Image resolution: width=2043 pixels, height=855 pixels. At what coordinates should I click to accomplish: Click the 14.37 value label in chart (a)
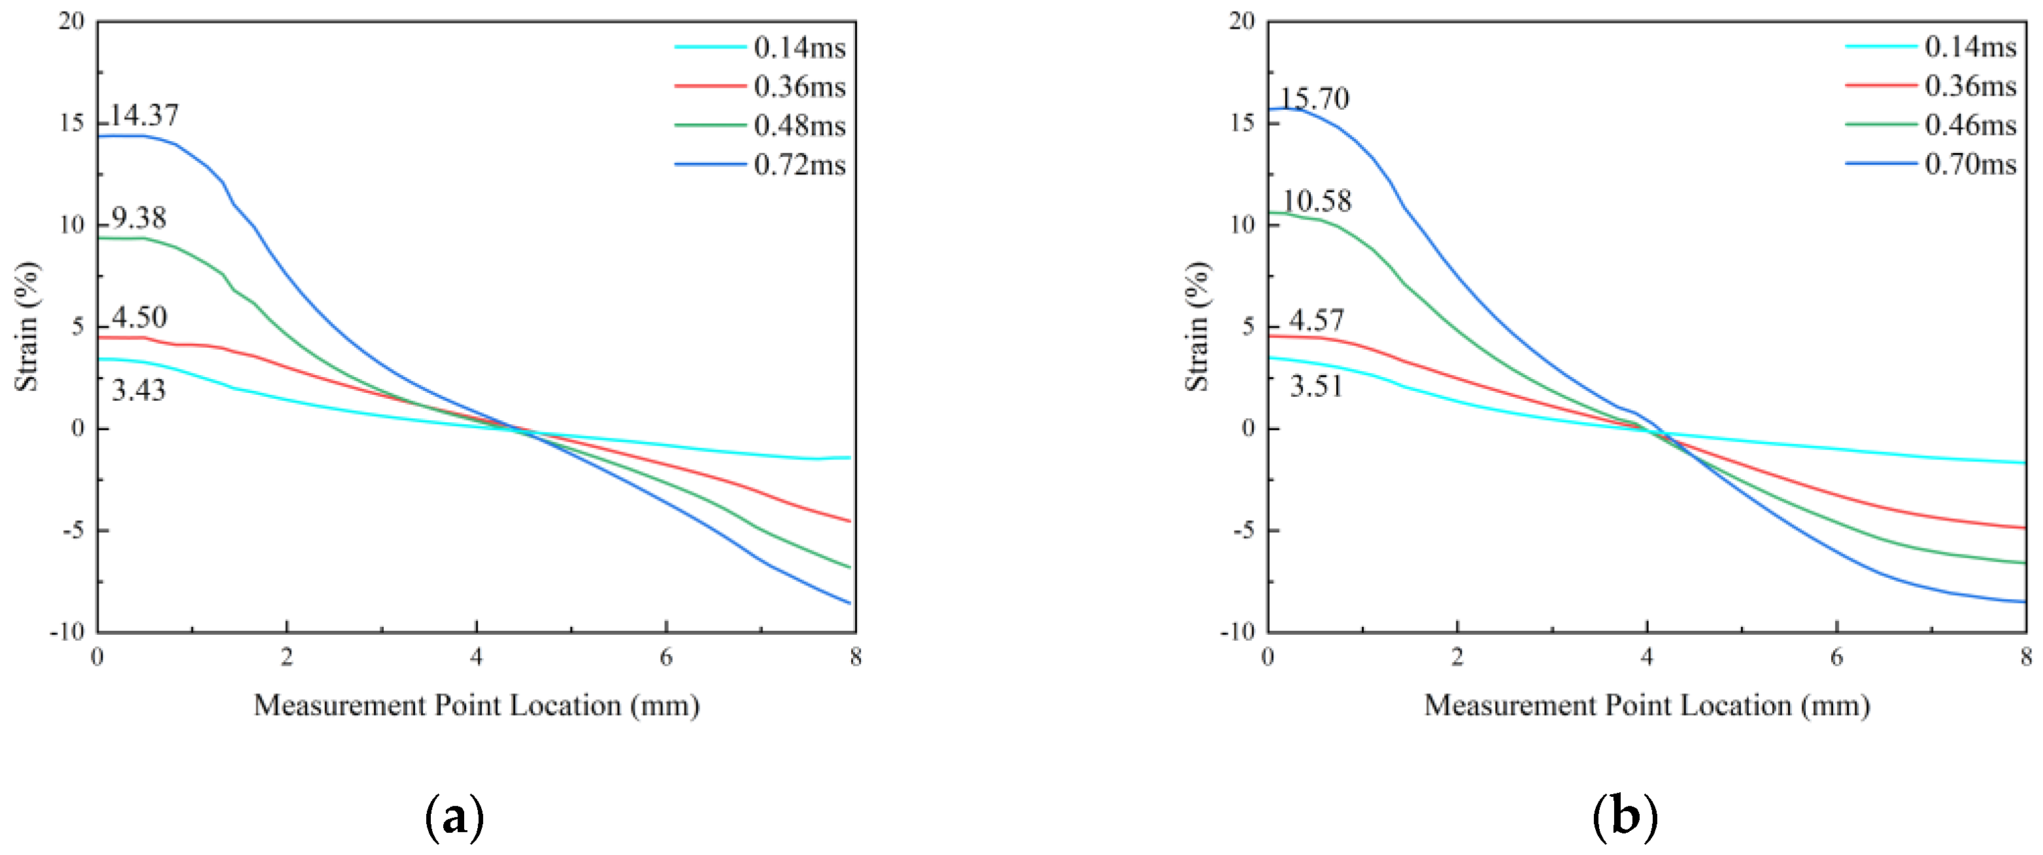(x=144, y=116)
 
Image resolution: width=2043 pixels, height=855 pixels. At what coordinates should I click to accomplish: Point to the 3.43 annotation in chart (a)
(x=138, y=390)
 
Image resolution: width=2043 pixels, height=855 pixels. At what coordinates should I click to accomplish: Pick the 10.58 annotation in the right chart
(x=1317, y=201)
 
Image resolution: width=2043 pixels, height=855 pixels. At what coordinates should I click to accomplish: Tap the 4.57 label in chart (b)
(x=1316, y=320)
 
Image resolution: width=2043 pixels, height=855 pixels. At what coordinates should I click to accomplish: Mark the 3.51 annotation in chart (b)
(x=1316, y=386)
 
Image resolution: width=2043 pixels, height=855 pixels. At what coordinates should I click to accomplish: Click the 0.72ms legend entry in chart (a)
(x=799, y=165)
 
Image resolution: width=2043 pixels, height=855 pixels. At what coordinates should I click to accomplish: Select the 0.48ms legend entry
(x=799, y=126)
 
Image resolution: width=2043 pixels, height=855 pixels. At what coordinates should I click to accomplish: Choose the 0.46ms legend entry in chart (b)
(x=1969, y=126)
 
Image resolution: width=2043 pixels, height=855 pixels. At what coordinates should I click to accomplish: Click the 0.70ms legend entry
(x=1969, y=164)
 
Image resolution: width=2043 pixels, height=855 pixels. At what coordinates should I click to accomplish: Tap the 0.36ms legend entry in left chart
(x=799, y=87)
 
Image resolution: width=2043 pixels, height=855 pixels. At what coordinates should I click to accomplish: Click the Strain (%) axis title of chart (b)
(x=1197, y=326)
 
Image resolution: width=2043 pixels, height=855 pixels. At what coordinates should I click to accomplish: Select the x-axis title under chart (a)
(x=476, y=705)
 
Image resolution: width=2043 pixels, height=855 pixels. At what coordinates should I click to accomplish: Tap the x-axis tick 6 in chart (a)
(x=666, y=657)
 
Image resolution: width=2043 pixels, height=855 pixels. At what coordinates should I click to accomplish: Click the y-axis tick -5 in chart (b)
(x=1243, y=531)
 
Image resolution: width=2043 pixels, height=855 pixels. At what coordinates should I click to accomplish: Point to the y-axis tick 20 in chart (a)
(x=71, y=22)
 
